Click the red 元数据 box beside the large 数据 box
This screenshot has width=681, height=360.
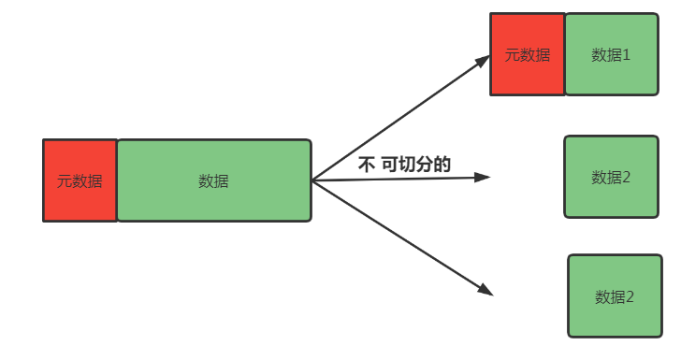pyautogui.click(x=80, y=180)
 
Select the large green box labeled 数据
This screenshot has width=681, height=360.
pyautogui.click(x=213, y=180)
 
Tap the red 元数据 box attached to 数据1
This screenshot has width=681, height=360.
pyautogui.click(x=528, y=54)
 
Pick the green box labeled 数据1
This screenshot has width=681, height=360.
pyautogui.click(x=612, y=54)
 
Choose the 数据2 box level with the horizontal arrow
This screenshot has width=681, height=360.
pyautogui.click(x=611, y=177)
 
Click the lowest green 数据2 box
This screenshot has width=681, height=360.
pyautogui.click(x=615, y=295)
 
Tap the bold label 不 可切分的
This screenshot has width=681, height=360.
pyautogui.click(x=404, y=165)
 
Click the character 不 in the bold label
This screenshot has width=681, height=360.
pyautogui.click(x=367, y=165)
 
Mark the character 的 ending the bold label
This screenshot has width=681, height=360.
pyautogui.click(x=443, y=165)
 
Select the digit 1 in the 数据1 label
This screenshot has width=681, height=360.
pyautogui.click(x=626, y=54)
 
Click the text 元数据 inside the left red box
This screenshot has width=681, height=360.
pyautogui.click(x=80, y=181)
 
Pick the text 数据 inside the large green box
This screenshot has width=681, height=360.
pyautogui.click(x=213, y=181)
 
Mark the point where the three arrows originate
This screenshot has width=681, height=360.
pyautogui.click(x=312, y=180)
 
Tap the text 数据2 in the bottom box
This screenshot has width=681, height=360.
pyautogui.click(x=615, y=297)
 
